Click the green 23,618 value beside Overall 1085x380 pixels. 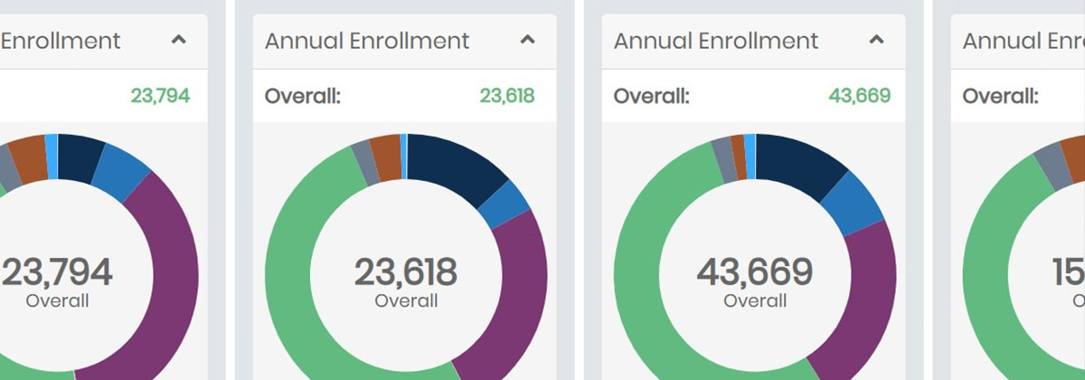click(x=506, y=95)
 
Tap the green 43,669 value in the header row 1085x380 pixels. click(x=859, y=95)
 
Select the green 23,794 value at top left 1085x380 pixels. click(x=160, y=95)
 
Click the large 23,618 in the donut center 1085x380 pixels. click(x=405, y=272)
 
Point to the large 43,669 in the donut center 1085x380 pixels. click(x=754, y=272)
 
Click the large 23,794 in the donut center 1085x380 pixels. click(x=57, y=272)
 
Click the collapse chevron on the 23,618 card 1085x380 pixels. click(x=528, y=40)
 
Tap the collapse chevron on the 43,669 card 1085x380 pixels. click(x=876, y=40)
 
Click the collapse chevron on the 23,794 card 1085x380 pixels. click(x=179, y=40)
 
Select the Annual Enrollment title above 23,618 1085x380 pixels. click(x=367, y=41)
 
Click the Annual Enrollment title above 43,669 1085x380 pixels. click(x=716, y=41)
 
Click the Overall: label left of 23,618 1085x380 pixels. click(x=303, y=95)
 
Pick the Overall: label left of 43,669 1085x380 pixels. click(x=651, y=95)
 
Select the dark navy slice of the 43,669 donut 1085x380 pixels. click(x=800, y=163)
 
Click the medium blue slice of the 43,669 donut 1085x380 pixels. click(x=854, y=202)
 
